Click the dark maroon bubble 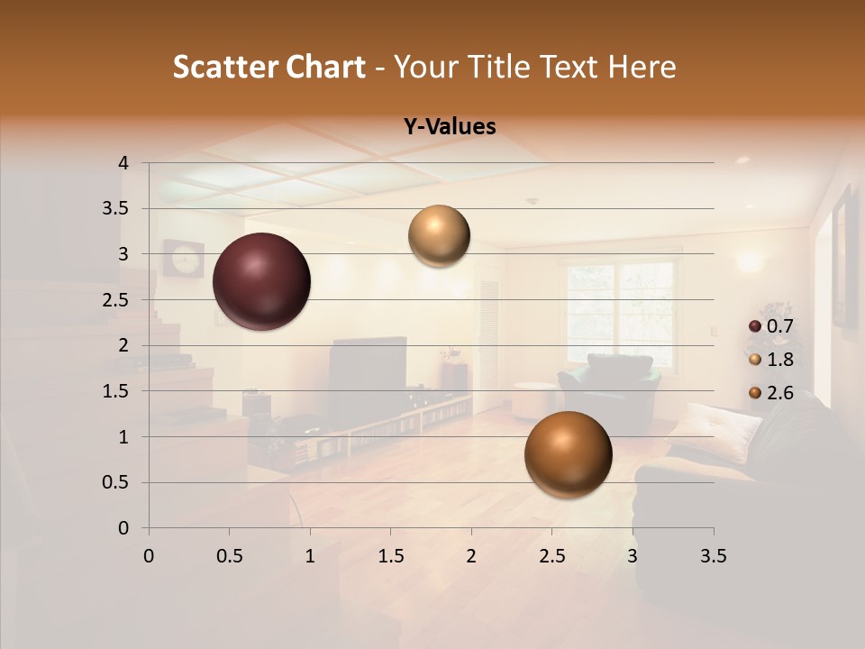click(262, 281)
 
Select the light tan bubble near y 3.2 click(439, 235)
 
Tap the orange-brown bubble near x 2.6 click(568, 454)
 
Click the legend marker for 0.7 click(755, 326)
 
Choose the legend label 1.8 click(779, 360)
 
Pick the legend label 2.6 click(779, 393)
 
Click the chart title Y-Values click(450, 127)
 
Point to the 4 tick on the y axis click(124, 163)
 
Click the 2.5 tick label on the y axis click(114, 300)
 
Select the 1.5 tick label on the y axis click(114, 391)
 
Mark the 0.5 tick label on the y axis click(114, 483)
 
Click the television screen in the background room click(367, 370)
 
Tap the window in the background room click(620, 302)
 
